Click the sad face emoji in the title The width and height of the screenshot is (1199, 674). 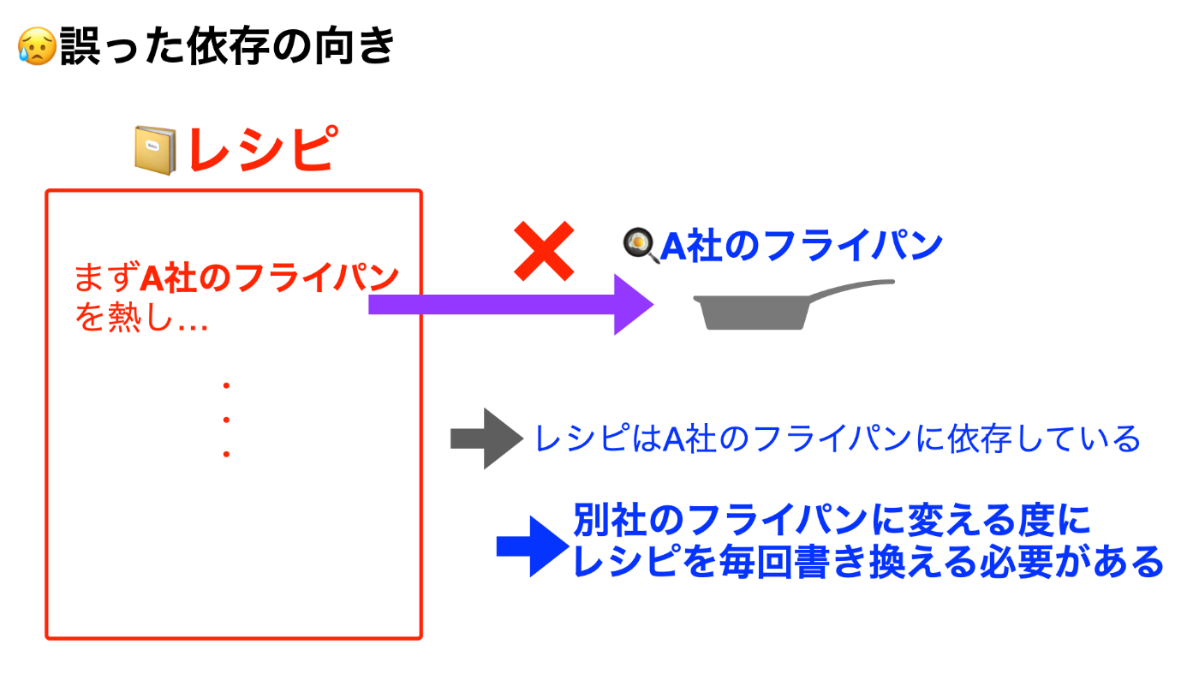[x=37, y=46]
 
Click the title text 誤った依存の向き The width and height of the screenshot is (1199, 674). [x=227, y=46]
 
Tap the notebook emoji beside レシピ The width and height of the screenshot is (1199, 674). [x=155, y=151]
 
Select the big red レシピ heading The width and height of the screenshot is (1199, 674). [x=264, y=149]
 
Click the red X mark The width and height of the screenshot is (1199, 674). [x=544, y=251]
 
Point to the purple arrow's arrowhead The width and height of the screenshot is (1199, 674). [x=634, y=305]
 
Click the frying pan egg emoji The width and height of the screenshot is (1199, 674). [x=641, y=245]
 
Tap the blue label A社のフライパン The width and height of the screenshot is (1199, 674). [x=802, y=246]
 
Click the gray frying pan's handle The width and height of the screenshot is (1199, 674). [x=851, y=288]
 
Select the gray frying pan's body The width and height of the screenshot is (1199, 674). [x=752, y=313]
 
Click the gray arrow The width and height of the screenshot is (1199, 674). [x=486, y=438]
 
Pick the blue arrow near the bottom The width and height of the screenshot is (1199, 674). [x=533, y=546]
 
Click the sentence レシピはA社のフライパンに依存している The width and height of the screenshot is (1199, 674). [x=838, y=439]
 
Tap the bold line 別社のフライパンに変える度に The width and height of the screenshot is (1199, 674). [x=832, y=520]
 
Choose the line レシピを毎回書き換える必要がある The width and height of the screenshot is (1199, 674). [x=868, y=562]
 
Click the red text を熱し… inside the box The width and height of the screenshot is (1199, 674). [x=141, y=317]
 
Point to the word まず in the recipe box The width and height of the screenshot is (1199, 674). [x=107, y=277]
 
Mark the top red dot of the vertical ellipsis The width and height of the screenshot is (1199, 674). [x=226, y=385]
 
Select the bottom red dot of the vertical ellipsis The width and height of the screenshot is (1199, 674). [x=226, y=454]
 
